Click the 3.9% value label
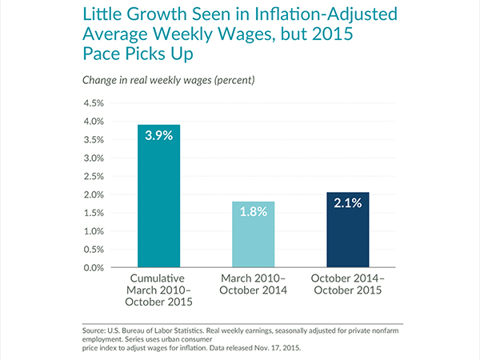tap(158, 135)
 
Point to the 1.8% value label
tap(254, 212)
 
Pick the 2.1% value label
tap(348, 203)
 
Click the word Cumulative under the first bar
tap(158, 277)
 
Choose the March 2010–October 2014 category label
tap(254, 283)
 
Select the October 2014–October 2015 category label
tap(348, 283)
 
